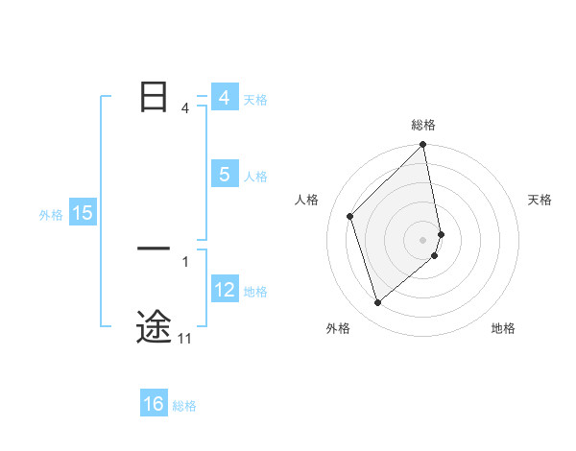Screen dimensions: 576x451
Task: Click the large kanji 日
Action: pos(154,97)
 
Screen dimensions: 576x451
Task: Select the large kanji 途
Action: pos(154,326)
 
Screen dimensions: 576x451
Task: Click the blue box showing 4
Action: pos(224,98)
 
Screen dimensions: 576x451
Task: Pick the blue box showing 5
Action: pos(224,175)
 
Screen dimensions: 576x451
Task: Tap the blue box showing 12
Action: pos(224,290)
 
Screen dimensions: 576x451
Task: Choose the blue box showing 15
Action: pos(83,213)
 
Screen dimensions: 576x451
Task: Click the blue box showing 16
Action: pos(154,404)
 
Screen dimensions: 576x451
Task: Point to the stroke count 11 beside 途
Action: pos(185,338)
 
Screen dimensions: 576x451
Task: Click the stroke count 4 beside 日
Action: pos(185,108)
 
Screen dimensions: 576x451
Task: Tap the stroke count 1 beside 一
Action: pos(185,261)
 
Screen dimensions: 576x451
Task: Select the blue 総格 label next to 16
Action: pos(184,406)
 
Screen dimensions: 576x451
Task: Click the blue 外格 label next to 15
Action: pos(51,215)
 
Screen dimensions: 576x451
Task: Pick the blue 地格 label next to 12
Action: pos(255,292)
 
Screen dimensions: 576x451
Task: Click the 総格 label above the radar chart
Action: pos(423,125)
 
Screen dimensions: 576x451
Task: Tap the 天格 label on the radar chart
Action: pos(540,200)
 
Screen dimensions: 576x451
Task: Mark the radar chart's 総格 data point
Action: pos(423,146)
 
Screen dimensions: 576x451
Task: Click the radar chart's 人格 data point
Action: pos(350,216)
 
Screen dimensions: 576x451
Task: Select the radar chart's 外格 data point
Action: pos(378,302)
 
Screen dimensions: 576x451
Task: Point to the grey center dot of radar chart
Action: pos(423,239)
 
